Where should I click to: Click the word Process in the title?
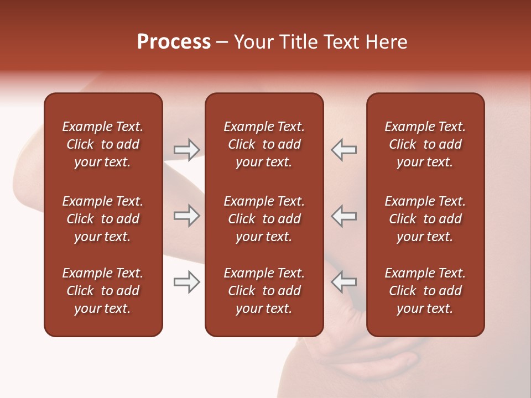tap(174, 42)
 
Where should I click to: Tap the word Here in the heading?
tap(387, 42)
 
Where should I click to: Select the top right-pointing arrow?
tap(186, 150)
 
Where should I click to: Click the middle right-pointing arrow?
tap(186, 216)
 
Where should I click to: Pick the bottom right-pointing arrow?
tap(186, 282)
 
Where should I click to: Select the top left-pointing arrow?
tap(343, 150)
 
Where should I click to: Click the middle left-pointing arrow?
tap(343, 216)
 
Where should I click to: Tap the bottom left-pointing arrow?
tap(343, 282)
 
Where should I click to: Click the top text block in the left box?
tap(103, 144)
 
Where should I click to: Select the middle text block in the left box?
tap(103, 219)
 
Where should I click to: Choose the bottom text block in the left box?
tap(103, 291)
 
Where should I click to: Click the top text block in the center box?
tap(264, 144)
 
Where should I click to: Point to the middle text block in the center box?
tap(264, 219)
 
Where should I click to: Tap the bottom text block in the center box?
tap(264, 291)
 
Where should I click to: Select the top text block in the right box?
tap(425, 144)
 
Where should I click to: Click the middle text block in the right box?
tap(425, 219)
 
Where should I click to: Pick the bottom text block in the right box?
tap(425, 291)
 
